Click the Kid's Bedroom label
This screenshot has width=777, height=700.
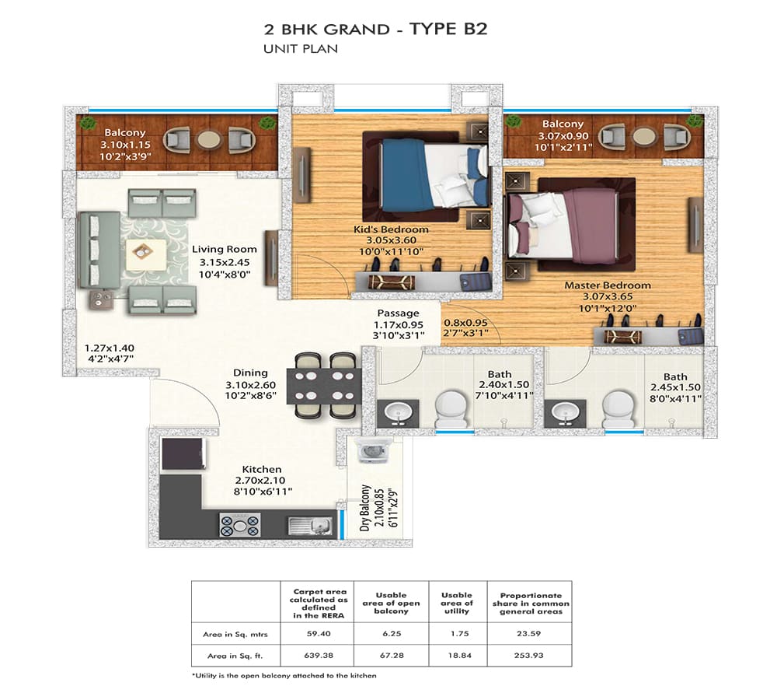click(x=391, y=229)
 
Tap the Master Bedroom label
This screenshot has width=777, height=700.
click(x=608, y=285)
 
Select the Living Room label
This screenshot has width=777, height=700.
click(x=225, y=249)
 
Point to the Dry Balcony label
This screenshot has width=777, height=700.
click(x=365, y=508)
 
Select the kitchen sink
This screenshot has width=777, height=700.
click(x=311, y=525)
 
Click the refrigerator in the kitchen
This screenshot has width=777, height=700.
click(x=183, y=453)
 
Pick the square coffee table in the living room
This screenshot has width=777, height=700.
click(x=146, y=254)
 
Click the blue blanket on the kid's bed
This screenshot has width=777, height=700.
click(x=402, y=175)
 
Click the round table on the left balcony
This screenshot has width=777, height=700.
click(x=208, y=140)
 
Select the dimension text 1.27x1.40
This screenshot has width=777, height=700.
click(x=109, y=348)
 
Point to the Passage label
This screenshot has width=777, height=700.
click(x=398, y=313)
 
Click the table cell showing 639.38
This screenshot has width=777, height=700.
click(x=319, y=656)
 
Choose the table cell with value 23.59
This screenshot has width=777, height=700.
click(x=528, y=634)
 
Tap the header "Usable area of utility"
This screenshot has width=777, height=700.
click(x=457, y=603)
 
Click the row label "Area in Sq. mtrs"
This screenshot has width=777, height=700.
click(x=235, y=634)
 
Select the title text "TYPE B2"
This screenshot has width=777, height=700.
click(x=448, y=29)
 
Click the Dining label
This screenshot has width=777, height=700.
click(x=250, y=373)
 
